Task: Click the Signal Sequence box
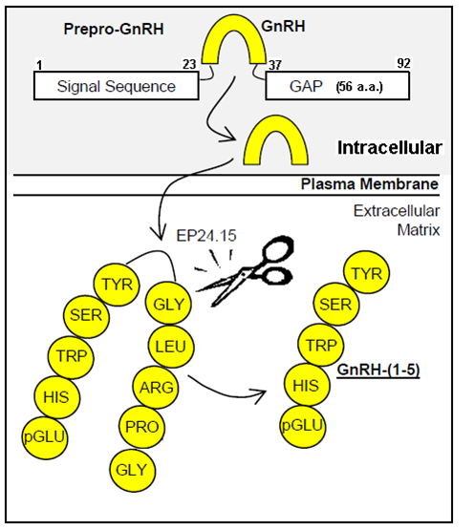tap(116, 86)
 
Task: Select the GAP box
tap(337, 86)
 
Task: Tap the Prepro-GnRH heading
tap(114, 29)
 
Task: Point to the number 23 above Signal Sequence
tap(189, 64)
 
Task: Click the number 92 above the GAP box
tap(403, 63)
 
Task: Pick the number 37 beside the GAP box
tap(274, 65)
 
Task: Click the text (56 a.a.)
tap(359, 87)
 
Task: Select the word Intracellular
tap(390, 148)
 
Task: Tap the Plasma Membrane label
tap(370, 184)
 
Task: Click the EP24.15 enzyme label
tap(206, 236)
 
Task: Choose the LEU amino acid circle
tap(171, 347)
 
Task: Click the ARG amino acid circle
tap(156, 388)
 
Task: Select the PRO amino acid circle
tap(142, 427)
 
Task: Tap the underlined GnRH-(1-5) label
tap(378, 371)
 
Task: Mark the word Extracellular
tap(397, 211)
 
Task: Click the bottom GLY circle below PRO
tap(132, 470)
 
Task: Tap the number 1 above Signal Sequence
tap(40, 65)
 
